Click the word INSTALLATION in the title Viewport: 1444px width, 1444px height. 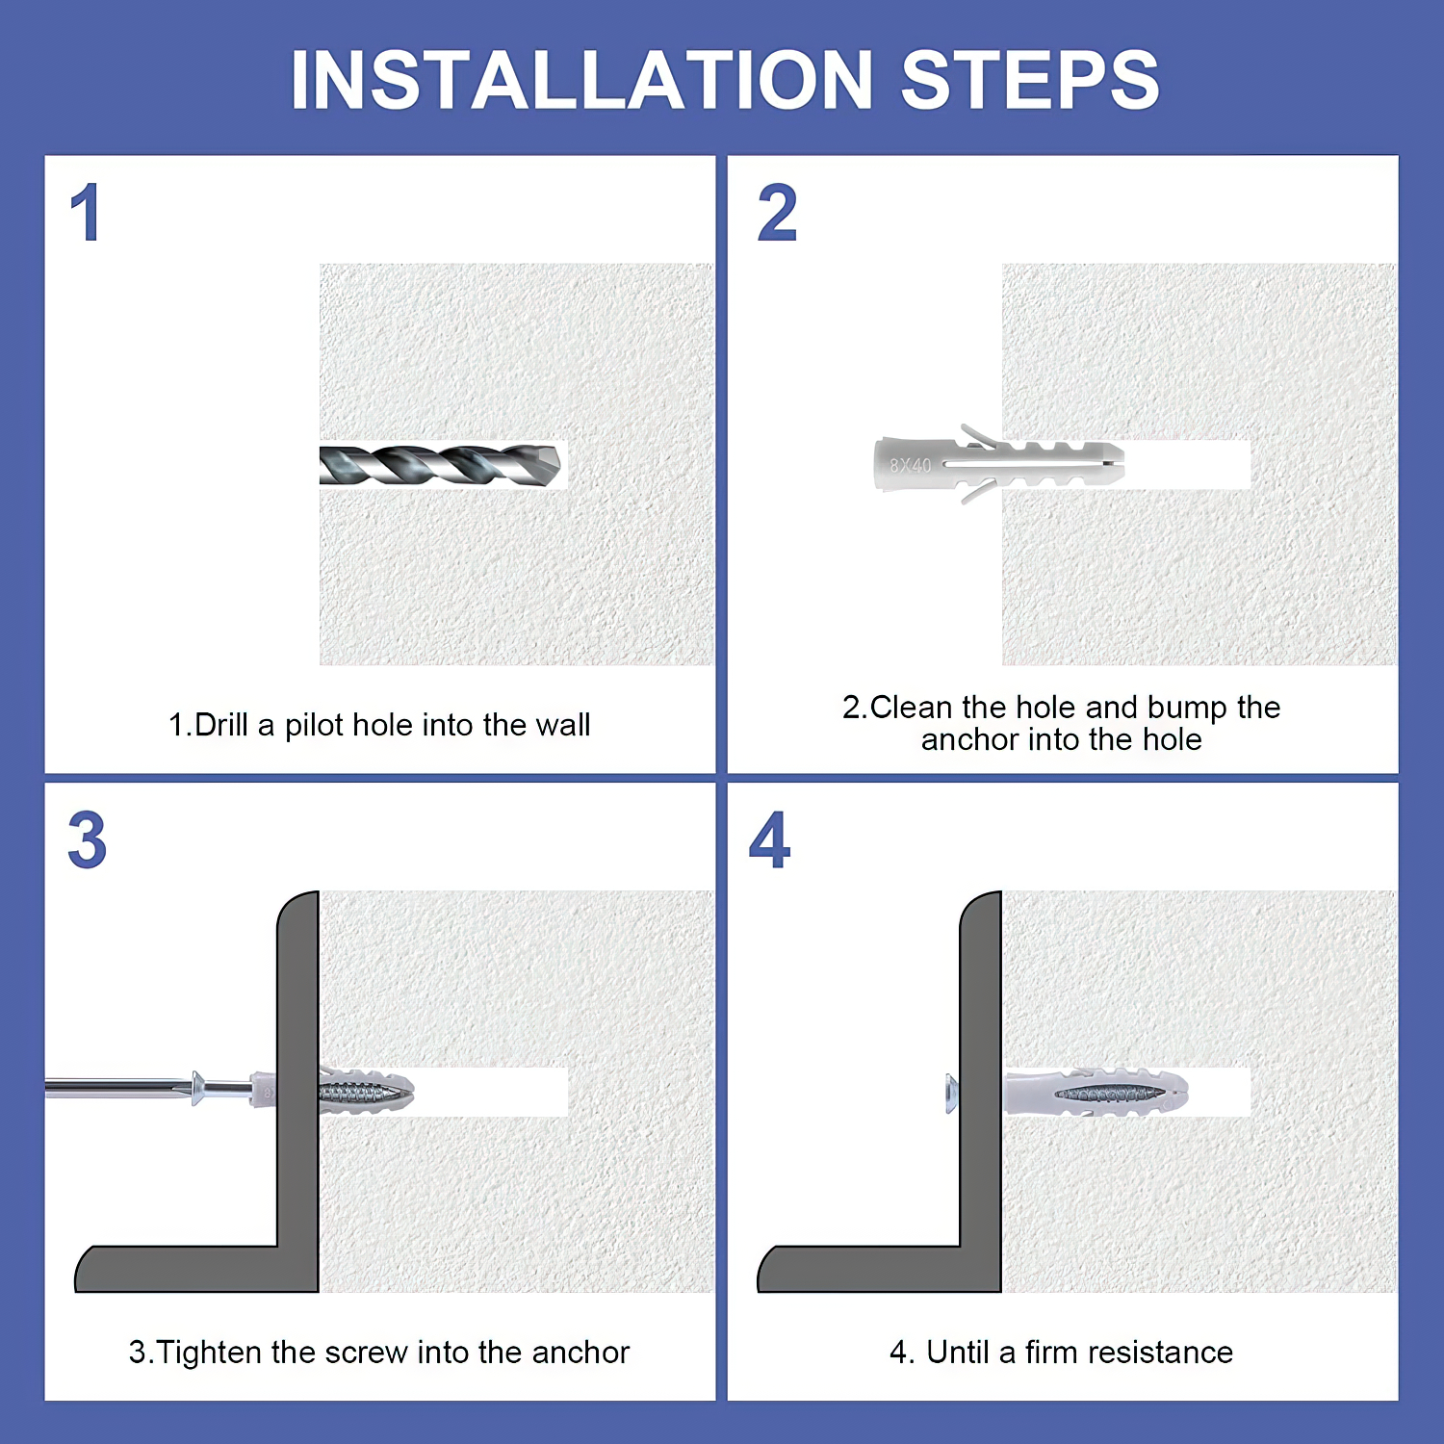[x=581, y=80]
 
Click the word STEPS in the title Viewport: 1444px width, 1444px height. [x=1030, y=80]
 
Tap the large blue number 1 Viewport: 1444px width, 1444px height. [x=86, y=213]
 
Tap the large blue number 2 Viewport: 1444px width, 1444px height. [x=778, y=213]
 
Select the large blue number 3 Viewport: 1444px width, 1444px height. [x=87, y=840]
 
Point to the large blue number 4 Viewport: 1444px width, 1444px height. [x=770, y=840]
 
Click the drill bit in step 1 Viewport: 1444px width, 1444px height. [x=441, y=465]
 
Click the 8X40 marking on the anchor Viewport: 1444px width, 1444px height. [x=910, y=466]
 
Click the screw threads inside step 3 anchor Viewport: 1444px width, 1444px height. [x=357, y=1093]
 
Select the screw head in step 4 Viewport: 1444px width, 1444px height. [x=952, y=1094]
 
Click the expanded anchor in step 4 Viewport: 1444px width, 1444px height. [x=1096, y=1093]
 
